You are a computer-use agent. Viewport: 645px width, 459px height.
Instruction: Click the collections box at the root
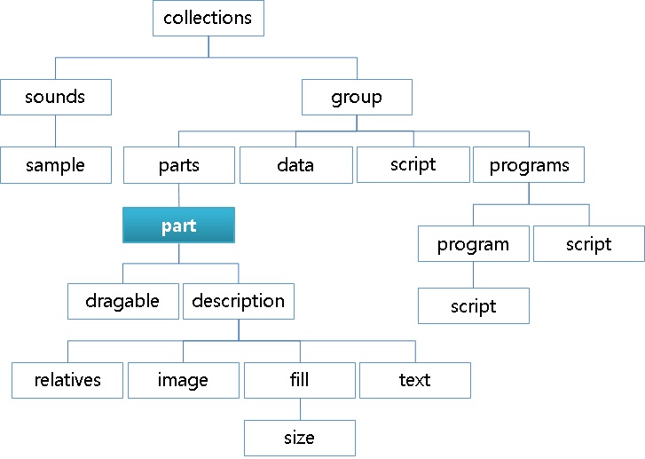(208, 18)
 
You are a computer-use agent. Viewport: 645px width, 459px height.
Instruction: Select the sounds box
(56, 97)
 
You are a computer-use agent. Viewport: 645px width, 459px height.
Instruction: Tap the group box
(357, 97)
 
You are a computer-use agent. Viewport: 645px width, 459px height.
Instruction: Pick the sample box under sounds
(56, 165)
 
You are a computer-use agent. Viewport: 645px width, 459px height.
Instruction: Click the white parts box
(179, 165)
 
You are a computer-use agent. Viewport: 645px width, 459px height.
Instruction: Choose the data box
(295, 165)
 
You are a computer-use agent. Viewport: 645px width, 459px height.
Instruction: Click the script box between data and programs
(413, 164)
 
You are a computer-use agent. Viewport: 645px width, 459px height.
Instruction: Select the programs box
(529, 165)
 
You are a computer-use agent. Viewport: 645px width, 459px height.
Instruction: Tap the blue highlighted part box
(178, 226)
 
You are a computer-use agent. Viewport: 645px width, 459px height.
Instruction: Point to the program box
(474, 244)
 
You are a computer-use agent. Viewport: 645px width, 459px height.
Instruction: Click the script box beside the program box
(589, 244)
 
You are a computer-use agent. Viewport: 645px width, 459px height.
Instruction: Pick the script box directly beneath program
(474, 306)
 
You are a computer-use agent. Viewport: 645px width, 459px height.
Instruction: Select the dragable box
(122, 301)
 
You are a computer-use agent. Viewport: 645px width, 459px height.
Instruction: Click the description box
(238, 301)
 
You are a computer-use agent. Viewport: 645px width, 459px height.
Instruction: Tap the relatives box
(67, 380)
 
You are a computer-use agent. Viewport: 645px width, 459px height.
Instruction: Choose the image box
(183, 380)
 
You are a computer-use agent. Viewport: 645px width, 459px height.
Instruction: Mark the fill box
(300, 380)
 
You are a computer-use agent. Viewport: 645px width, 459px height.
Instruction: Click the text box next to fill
(415, 380)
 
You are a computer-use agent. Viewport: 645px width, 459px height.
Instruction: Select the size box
(300, 438)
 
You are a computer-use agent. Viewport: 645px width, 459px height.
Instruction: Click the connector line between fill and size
(300, 408)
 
